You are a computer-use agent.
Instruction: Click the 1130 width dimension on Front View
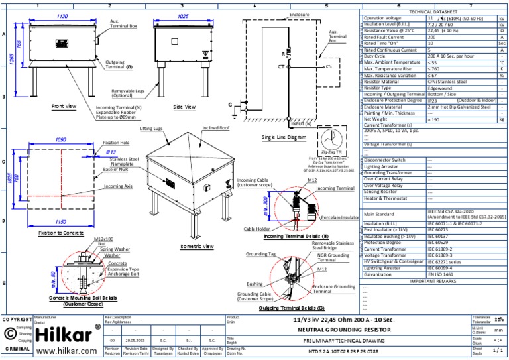point(62,15)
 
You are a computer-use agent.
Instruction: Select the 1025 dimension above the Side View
point(184,15)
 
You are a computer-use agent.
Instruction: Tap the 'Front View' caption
point(64,106)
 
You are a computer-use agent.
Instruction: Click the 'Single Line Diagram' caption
point(284,137)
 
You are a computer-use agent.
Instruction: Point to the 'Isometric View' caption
point(197,246)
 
